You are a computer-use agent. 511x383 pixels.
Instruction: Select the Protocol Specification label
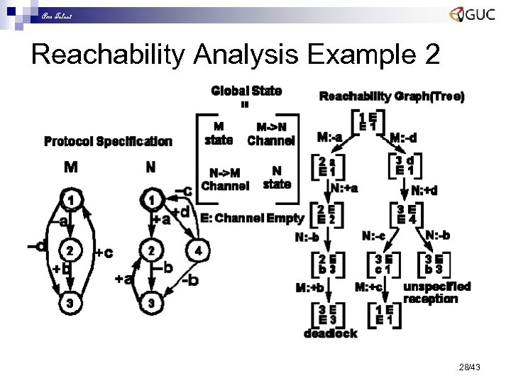pos(108,141)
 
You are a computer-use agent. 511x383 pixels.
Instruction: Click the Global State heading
pos(246,90)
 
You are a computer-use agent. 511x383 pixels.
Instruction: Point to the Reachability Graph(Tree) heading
pos(392,96)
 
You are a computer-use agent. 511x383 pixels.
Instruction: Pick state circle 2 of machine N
pos(151,250)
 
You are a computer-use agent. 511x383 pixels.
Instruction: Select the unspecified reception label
pos(436,292)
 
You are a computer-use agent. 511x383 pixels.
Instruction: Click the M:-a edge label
pos(330,137)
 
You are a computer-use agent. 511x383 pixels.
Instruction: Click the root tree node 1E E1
pos(367,121)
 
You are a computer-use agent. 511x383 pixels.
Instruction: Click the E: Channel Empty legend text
pos(252,218)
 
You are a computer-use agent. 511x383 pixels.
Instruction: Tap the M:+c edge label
pos(368,287)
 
